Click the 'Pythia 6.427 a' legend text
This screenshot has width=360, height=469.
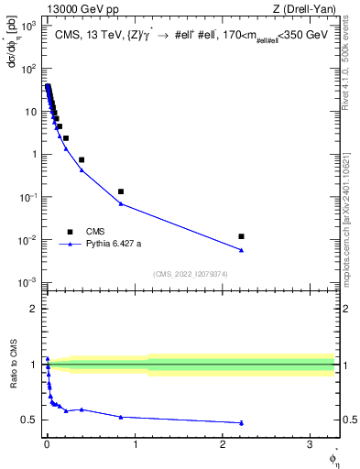pos(114,245)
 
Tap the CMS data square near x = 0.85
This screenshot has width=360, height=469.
pos(121,191)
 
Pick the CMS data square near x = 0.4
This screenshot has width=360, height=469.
pos(82,159)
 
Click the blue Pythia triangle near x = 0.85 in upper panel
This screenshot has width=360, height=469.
pos(121,203)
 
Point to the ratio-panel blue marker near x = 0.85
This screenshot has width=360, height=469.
pos(121,417)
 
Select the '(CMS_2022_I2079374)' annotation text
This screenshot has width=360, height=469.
pos(191,273)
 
